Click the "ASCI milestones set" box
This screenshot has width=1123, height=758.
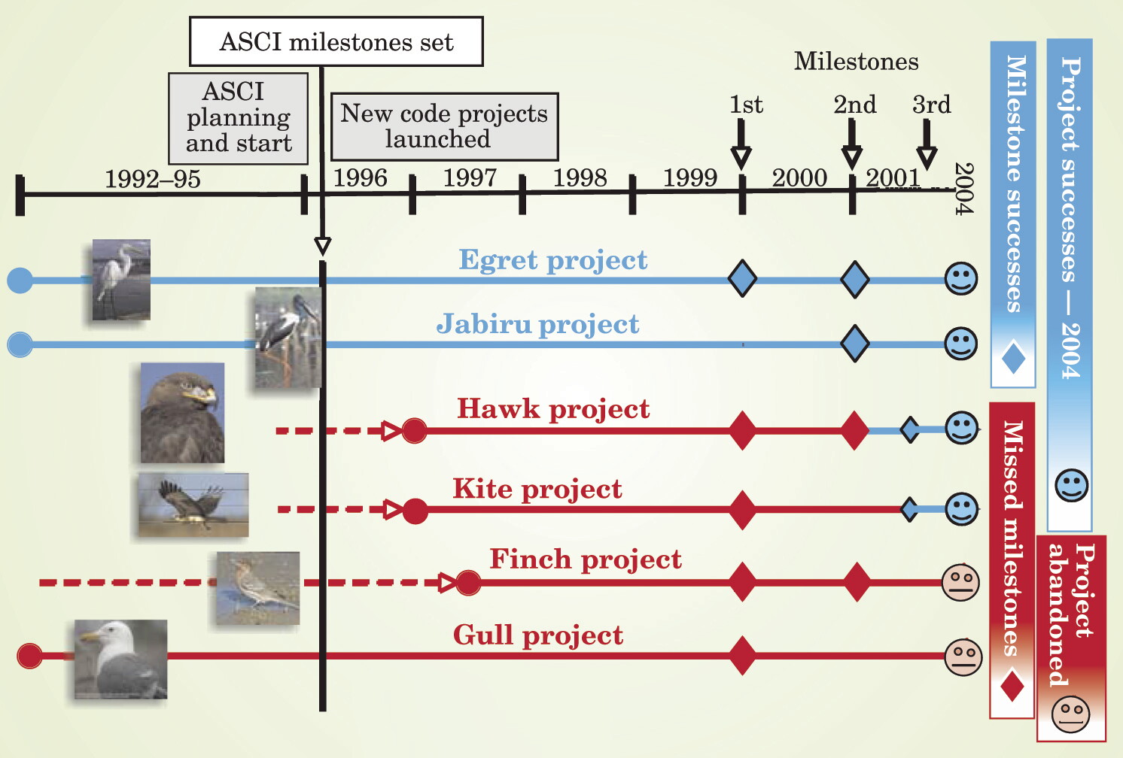tap(336, 41)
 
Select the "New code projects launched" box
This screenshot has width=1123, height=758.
tap(445, 126)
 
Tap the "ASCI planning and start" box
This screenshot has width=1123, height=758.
tap(239, 118)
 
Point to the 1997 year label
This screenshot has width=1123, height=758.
tap(470, 178)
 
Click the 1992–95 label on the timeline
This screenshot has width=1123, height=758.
tap(153, 179)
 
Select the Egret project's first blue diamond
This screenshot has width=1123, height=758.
tap(742, 278)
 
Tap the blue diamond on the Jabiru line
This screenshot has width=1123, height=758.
tap(854, 343)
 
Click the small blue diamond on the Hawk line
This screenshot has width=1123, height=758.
tap(910, 429)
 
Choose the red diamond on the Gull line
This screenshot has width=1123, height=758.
tap(742, 656)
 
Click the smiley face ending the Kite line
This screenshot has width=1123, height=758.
tap(962, 510)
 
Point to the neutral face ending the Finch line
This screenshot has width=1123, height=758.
tap(960, 583)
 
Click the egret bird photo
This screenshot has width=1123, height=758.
tap(121, 280)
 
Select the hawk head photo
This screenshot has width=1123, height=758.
tap(182, 413)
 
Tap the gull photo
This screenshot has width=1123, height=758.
tap(121, 659)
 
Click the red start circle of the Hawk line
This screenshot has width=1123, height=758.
tap(414, 430)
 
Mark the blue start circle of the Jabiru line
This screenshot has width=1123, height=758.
tap(20, 344)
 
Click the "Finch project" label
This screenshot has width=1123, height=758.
tap(586, 559)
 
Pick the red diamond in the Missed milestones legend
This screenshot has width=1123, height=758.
tap(1012, 687)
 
